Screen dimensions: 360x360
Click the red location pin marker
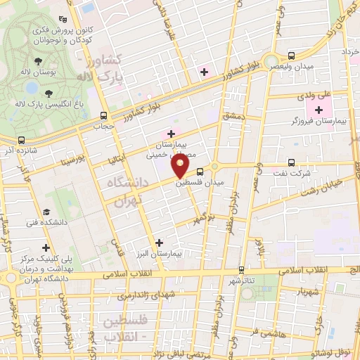tap(181, 166)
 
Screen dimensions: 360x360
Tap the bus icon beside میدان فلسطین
tap(200, 171)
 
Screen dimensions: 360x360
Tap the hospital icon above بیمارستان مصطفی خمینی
tap(171, 133)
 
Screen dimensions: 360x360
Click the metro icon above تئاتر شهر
tap(241, 269)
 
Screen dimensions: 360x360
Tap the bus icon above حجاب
tap(103, 116)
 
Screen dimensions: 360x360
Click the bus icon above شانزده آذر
tap(21, 140)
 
